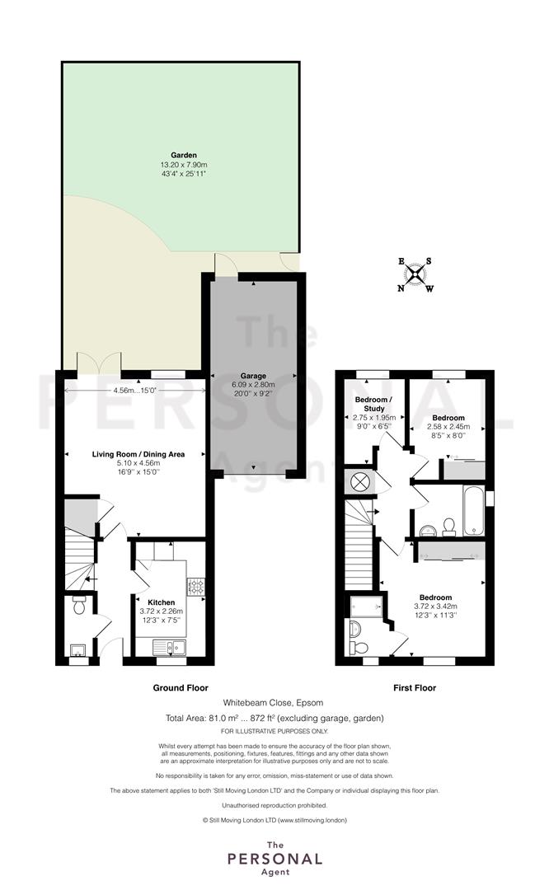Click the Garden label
[184, 155]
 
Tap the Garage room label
[253, 376]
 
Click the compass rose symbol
[415, 274]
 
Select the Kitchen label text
[162, 602]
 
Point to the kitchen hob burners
[196, 587]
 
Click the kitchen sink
[170, 647]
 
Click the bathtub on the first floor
[473, 510]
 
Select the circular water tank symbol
[359, 482]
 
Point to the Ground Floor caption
[181, 687]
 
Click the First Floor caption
[415, 687]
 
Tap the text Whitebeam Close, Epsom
[273, 703]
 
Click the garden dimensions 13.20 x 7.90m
[184, 165]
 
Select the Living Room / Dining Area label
[138, 454]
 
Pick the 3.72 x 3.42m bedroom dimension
[435, 607]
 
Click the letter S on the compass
[429, 262]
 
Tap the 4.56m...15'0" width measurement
[134, 391]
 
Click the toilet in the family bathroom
[449, 527]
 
